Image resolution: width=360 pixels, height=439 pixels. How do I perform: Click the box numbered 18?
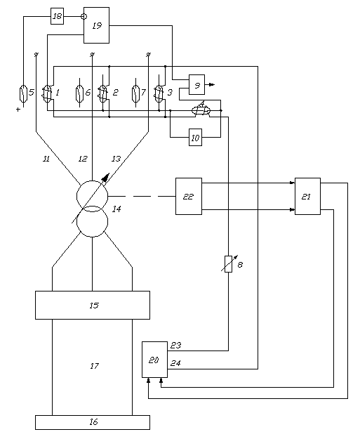tap(57, 16)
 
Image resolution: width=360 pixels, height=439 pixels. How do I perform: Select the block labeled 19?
tap(97, 25)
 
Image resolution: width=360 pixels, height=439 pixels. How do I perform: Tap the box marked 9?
tap(197, 84)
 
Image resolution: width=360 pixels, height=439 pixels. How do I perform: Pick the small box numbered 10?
tap(195, 137)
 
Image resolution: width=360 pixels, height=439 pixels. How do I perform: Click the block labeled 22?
tap(189, 196)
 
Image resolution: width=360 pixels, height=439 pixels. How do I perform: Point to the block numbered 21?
tap(307, 196)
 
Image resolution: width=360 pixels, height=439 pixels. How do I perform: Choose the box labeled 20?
tap(154, 360)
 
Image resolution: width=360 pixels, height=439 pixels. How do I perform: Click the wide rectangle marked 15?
tap(93, 305)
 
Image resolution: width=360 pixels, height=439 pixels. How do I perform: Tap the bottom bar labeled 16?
tap(93, 422)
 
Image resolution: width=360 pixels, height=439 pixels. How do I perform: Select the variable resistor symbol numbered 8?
tap(229, 264)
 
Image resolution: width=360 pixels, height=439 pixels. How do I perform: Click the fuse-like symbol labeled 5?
tap(23, 93)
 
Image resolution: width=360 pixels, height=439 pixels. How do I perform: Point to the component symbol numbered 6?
tap(79, 93)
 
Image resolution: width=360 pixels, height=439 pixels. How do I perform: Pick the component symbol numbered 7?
tap(135, 93)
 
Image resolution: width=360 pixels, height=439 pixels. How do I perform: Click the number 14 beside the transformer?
tap(116, 209)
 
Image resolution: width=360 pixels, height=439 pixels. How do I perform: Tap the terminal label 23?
tap(175, 345)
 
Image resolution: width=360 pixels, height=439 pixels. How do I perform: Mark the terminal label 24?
tap(175, 363)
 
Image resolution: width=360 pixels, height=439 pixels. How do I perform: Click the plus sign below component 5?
tap(18, 110)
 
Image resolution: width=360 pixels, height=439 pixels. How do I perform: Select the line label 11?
tap(46, 159)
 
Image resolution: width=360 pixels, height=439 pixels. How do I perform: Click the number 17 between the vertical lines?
tap(94, 366)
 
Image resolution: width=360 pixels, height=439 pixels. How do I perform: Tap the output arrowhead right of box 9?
tap(213, 84)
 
